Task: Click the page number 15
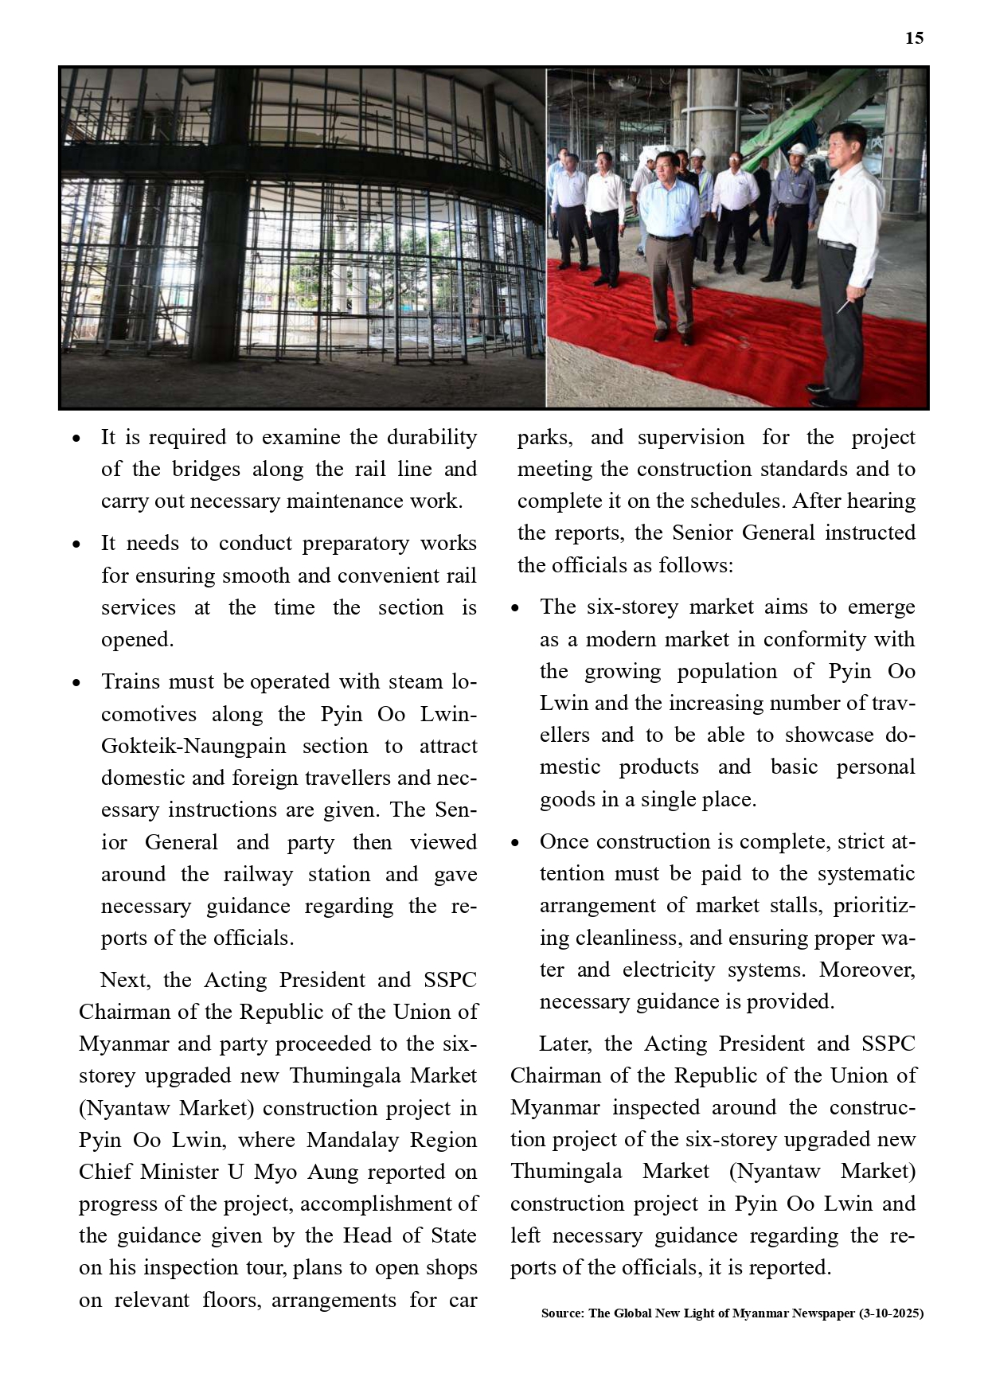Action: [x=914, y=38]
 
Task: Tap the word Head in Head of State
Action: [x=366, y=1235]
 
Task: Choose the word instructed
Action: [x=870, y=533]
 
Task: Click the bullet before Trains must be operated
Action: [x=76, y=683]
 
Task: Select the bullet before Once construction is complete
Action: [x=515, y=843]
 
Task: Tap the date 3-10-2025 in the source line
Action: [x=891, y=1313]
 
